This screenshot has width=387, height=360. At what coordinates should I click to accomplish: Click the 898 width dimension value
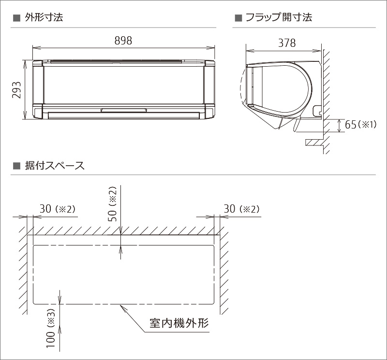[x=123, y=41]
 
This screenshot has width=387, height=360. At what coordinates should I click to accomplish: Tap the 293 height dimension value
[x=17, y=90]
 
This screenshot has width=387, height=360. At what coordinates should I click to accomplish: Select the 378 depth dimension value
[x=287, y=43]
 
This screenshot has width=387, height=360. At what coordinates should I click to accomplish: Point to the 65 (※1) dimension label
[x=360, y=125]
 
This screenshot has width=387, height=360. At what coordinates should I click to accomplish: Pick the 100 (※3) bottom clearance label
[x=51, y=328]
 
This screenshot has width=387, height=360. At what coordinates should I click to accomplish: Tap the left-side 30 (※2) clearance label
[x=57, y=209]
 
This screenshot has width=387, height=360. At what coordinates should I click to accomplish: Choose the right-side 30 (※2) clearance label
[x=241, y=209]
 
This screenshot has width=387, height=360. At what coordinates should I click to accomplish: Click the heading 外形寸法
[x=44, y=17]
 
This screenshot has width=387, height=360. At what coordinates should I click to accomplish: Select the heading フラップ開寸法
[x=279, y=17]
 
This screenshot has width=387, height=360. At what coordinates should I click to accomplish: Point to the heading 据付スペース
[x=55, y=165]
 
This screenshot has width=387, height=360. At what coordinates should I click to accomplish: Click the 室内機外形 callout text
[x=179, y=323]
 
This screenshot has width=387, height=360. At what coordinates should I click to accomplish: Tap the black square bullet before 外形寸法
[x=16, y=18]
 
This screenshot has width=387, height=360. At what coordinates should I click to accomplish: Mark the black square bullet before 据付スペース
[x=16, y=166]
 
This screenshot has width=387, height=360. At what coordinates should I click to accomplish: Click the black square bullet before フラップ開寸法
[x=238, y=18]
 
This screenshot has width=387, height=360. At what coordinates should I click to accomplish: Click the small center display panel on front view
[x=124, y=110]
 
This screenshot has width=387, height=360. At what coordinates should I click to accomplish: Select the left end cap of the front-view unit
[x=38, y=89]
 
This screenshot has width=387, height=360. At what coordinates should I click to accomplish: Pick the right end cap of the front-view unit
[x=209, y=89]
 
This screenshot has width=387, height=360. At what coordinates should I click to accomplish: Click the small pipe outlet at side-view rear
[x=317, y=111]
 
